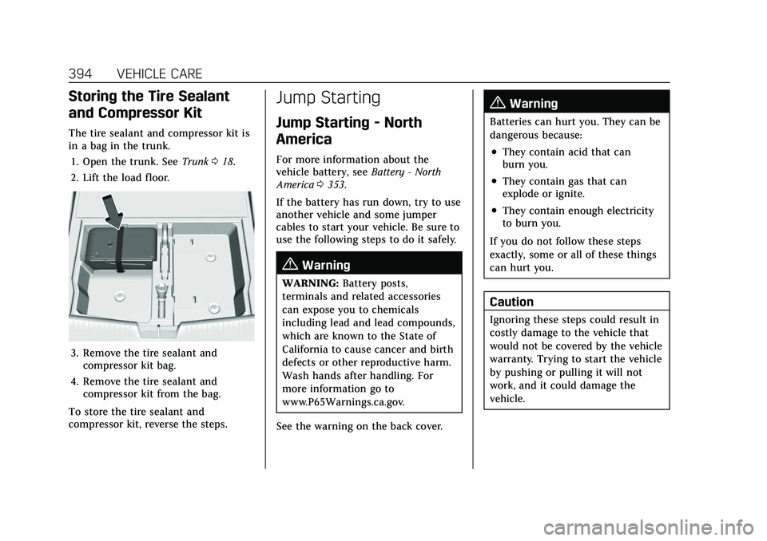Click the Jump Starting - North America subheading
tap(348, 131)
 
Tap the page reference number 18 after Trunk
tap(235, 160)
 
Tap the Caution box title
tap(511, 302)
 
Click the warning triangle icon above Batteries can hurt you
tap(498, 103)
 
